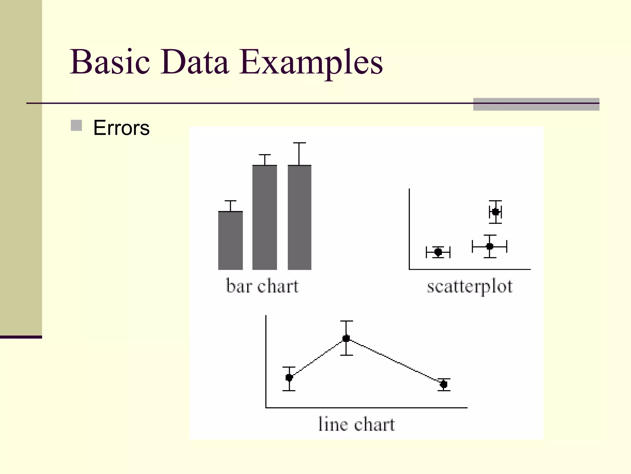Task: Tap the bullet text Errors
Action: [121, 128]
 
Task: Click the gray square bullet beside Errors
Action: [76, 126]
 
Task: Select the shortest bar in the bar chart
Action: [230, 240]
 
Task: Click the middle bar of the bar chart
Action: [265, 217]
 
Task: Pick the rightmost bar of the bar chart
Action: [299, 217]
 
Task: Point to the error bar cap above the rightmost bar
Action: [299, 143]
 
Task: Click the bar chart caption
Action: [262, 286]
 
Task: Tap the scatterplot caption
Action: [470, 287]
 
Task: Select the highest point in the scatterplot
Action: [495, 212]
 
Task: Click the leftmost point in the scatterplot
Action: [438, 252]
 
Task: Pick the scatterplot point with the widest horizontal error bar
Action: [490, 246]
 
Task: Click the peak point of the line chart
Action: [346, 338]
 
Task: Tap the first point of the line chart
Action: [289, 377]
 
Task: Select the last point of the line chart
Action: [444, 384]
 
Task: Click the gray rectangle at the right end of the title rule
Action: [536, 104]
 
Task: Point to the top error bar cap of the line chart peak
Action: [347, 321]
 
